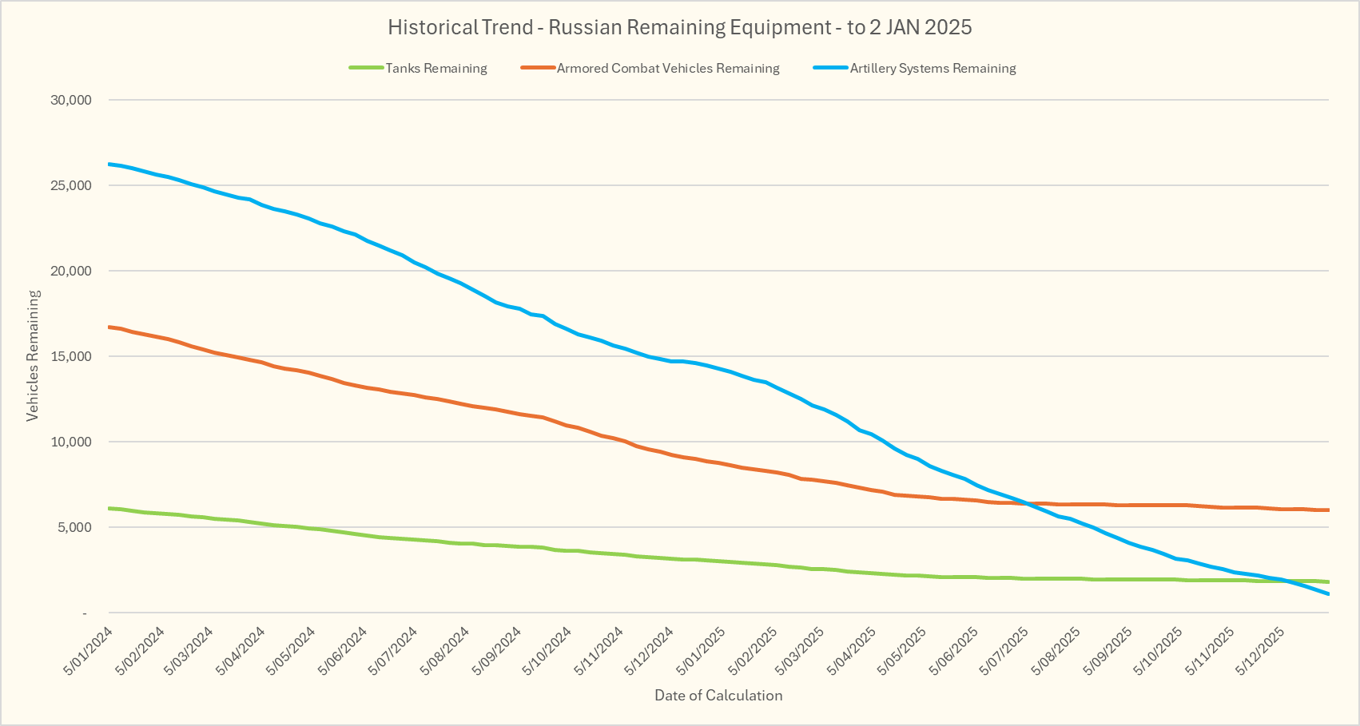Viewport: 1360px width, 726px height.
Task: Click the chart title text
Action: click(679, 27)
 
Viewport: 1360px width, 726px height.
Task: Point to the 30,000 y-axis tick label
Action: click(71, 100)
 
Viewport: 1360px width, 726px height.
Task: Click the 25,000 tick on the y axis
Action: click(71, 185)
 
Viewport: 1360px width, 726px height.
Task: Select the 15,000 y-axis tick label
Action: click(71, 356)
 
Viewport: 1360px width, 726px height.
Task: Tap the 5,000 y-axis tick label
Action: click(74, 527)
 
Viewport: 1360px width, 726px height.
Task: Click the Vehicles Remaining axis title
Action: click(33, 355)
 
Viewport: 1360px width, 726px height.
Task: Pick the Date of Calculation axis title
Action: click(718, 695)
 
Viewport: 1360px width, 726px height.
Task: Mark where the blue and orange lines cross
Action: click(1023, 503)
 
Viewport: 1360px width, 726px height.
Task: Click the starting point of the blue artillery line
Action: click(109, 164)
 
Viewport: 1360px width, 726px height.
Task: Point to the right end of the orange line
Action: click(1327, 510)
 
